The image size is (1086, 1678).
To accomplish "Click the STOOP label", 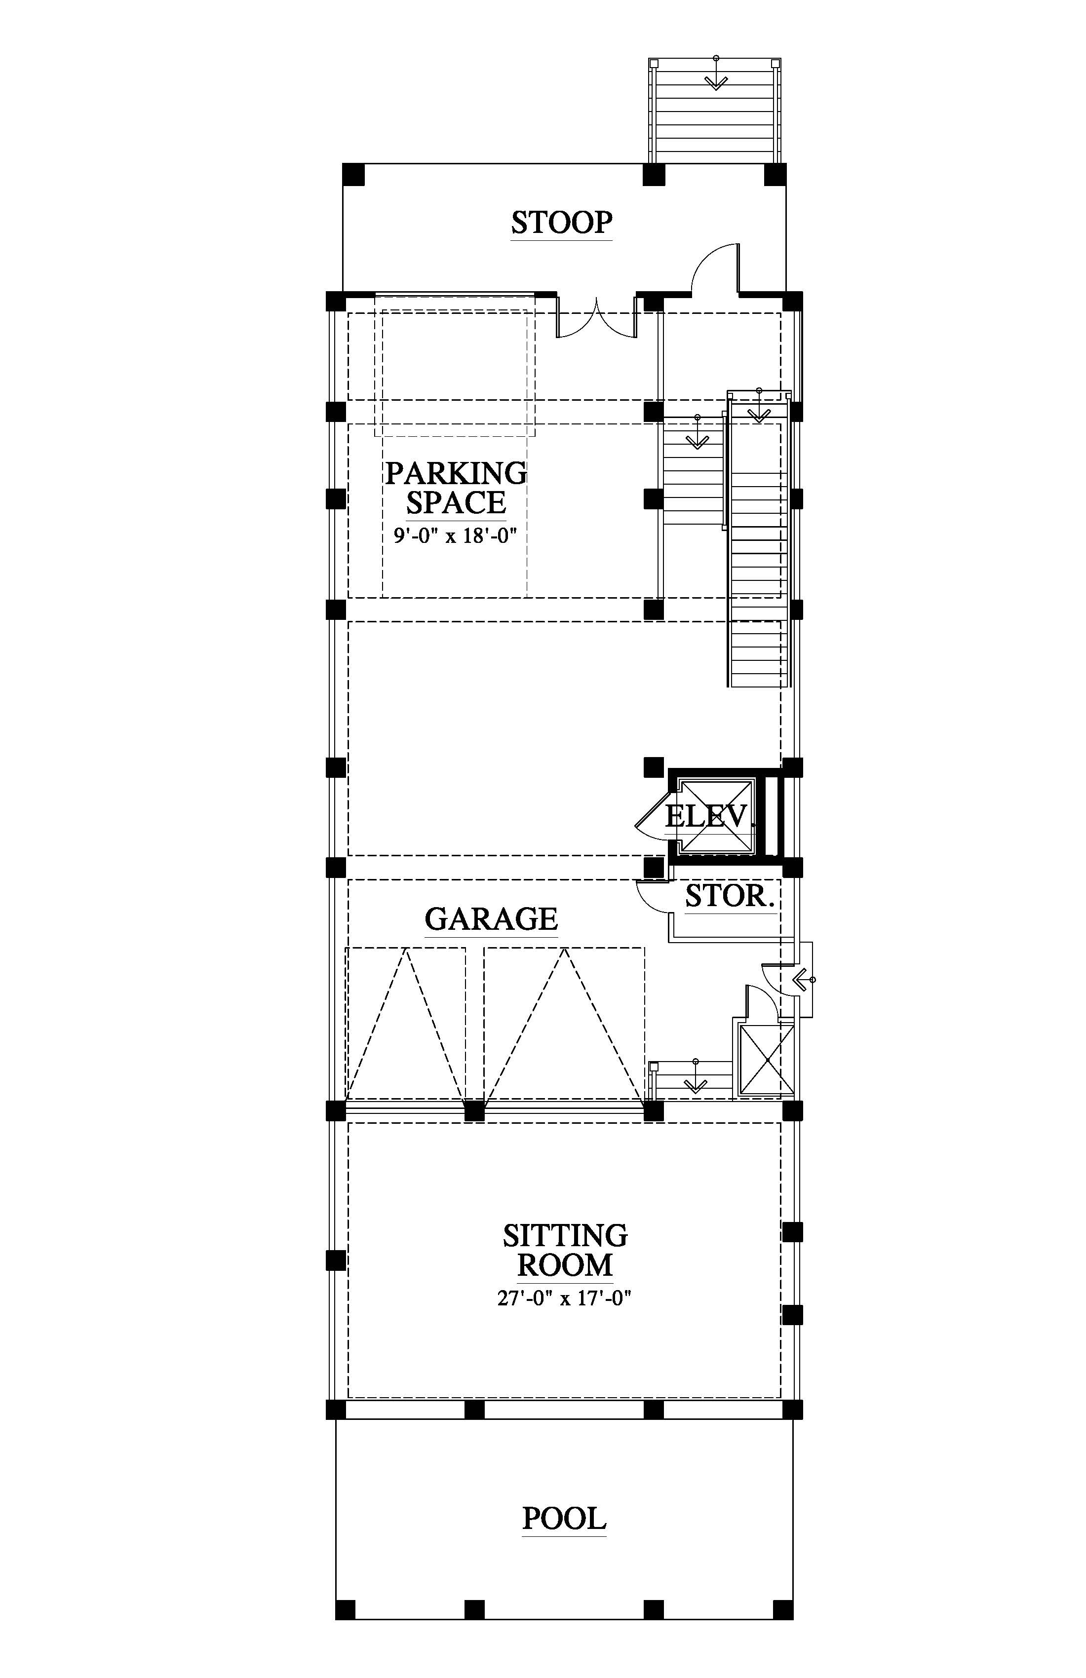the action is (x=561, y=223).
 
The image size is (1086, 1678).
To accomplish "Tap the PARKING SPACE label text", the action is (x=456, y=488).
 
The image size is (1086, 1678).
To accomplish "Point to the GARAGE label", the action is (x=491, y=918).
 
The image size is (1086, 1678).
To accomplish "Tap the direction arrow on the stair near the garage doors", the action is (x=696, y=1075).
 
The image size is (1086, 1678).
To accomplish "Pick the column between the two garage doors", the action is (x=474, y=1112).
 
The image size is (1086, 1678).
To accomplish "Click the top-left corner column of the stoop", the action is (x=353, y=174).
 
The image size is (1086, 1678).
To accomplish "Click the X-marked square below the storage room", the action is (x=766, y=1060).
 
